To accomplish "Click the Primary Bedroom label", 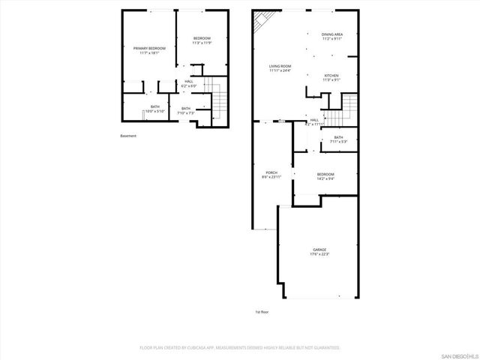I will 149,48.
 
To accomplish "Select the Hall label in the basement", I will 188,81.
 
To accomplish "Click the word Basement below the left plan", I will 128,136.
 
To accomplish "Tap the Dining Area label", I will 332,34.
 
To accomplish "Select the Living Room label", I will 280,66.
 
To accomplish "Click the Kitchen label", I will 331,76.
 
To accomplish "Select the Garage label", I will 319,249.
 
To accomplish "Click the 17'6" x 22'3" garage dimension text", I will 319,254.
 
